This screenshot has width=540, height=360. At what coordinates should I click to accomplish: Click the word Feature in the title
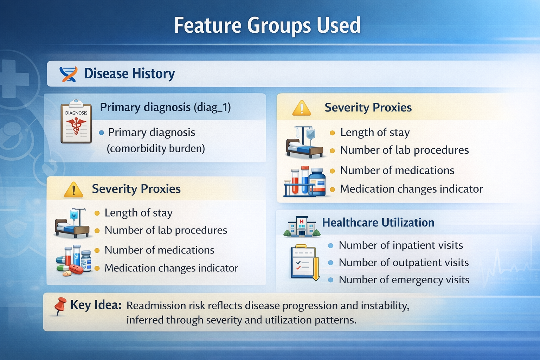[x=207, y=25]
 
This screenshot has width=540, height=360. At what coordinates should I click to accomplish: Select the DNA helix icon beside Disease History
[x=69, y=74]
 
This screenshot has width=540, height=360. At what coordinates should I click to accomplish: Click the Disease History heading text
[x=129, y=73]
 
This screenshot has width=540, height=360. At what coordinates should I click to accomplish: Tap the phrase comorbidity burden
[x=156, y=148]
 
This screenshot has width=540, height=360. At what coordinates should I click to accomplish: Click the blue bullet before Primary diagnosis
[x=102, y=133]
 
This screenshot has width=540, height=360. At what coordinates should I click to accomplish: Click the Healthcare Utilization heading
[x=378, y=222]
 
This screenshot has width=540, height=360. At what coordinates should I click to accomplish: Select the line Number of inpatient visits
[x=401, y=245]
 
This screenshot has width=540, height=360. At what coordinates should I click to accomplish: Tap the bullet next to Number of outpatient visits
[x=331, y=263]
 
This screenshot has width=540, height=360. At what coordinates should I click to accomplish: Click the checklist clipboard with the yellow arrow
[x=305, y=263]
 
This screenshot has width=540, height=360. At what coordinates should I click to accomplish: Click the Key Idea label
[x=96, y=305]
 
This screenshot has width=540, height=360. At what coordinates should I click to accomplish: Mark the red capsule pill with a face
[x=76, y=269]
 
